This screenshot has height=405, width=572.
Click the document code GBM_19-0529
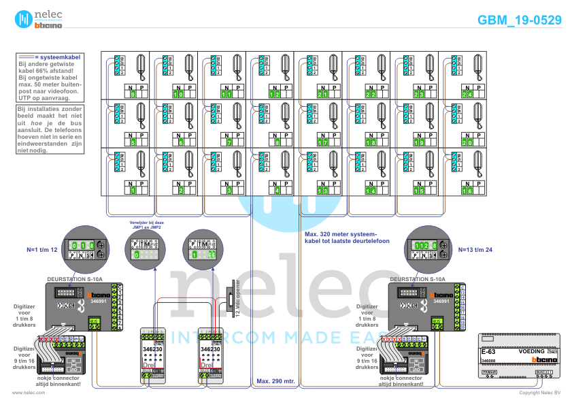[x=520, y=20]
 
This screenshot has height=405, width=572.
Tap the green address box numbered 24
[x=467, y=94]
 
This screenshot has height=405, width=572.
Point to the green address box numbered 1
[x=133, y=191]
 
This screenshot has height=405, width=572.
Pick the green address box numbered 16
[x=467, y=191]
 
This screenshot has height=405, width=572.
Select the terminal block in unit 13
[x=310, y=164]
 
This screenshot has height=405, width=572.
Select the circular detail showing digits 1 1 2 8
[x=426, y=246]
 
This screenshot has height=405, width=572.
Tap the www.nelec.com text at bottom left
[x=24, y=393]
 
